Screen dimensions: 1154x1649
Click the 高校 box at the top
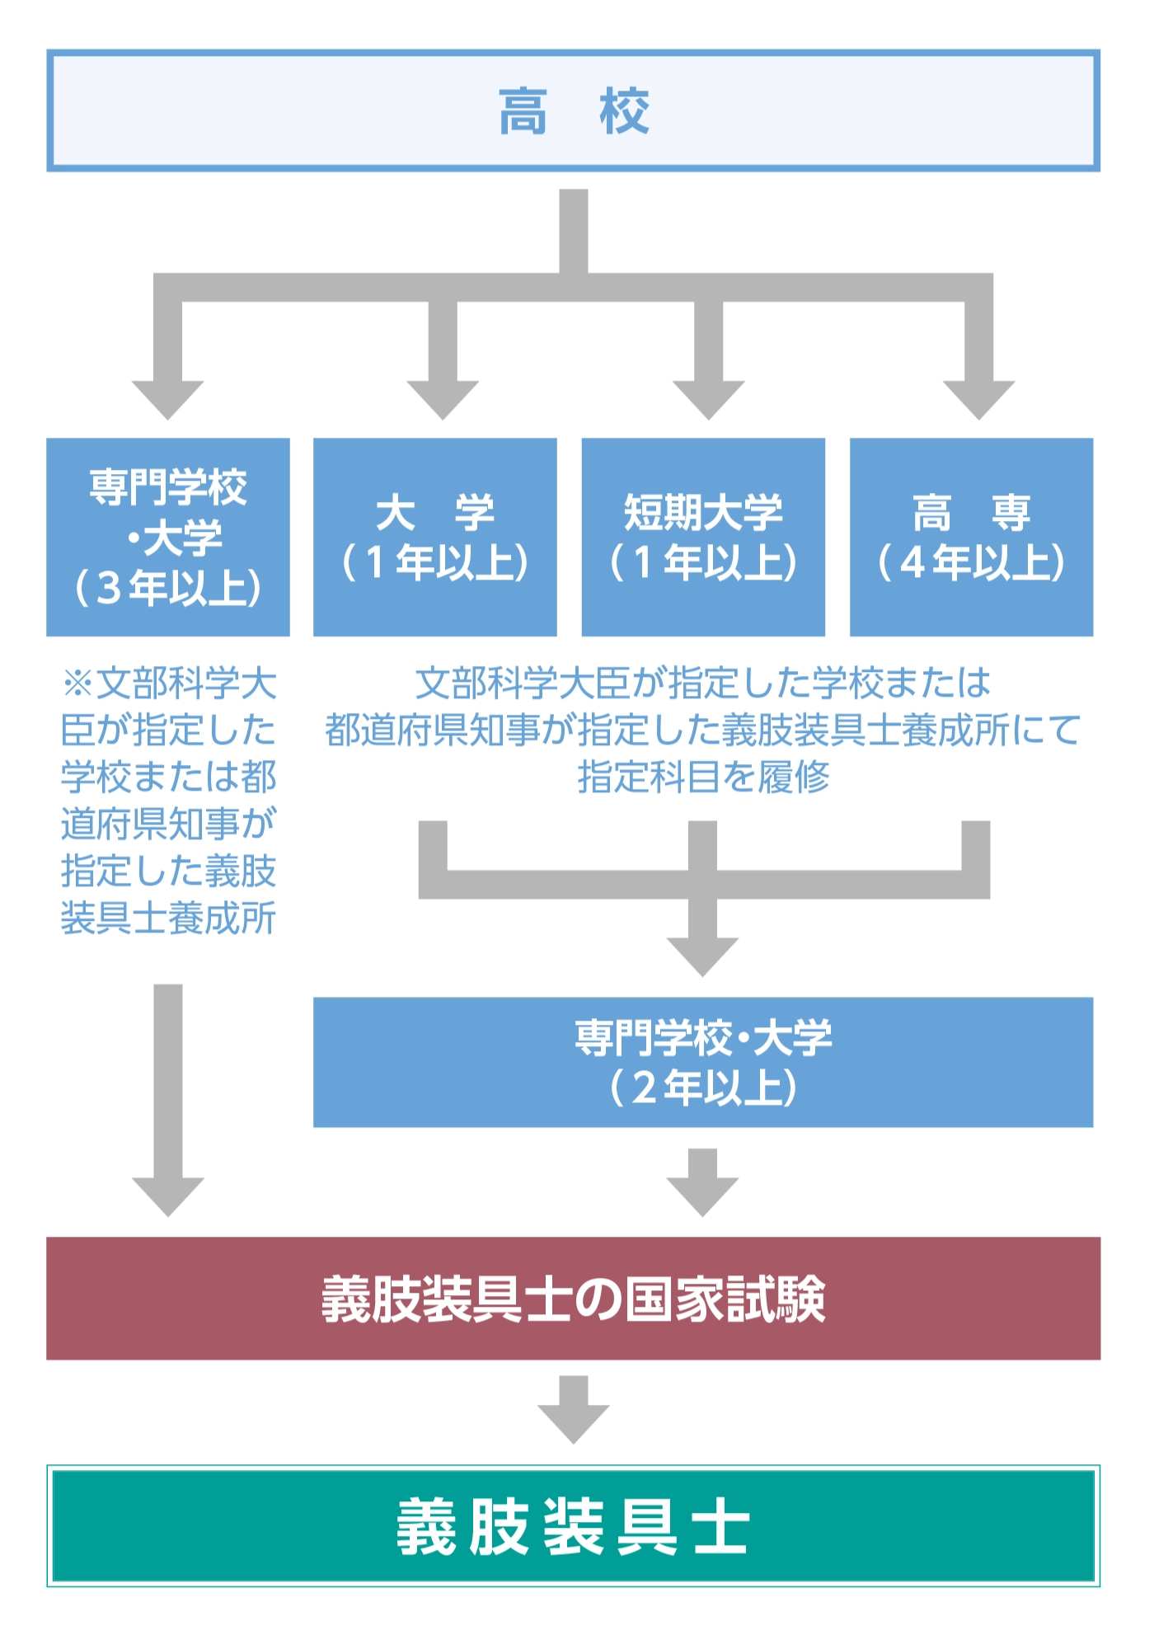click(x=574, y=110)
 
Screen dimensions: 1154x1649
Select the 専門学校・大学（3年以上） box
click(x=168, y=537)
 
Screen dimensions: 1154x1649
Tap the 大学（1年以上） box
click(x=435, y=537)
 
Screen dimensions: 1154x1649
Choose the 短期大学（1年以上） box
click(x=703, y=537)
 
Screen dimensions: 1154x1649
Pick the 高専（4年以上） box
click(x=971, y=537)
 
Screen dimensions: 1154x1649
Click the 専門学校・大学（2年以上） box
click(x=703, y=1062)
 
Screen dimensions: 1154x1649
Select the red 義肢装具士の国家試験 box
click(x=574, y=1299)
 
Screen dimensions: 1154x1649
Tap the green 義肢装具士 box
click(x=574, y=1526)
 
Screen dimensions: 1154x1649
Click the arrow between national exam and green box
click(x=574, y=1410)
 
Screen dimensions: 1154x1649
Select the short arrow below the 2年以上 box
click(x=703, y=1182)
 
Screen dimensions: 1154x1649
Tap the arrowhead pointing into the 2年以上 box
click(x=703, y=956)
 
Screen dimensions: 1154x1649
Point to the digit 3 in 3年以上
click(x=109, y=588)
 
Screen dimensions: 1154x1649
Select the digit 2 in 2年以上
click(x=645, y=1088)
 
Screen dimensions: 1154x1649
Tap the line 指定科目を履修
click(x=703, y=777)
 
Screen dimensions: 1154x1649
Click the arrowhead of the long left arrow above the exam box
click(x=168, y=1197)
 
